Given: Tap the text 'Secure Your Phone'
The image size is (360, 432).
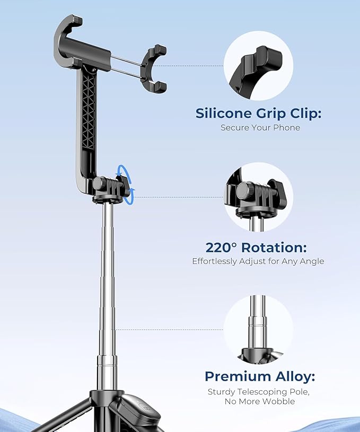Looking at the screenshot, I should [x=260, y=128].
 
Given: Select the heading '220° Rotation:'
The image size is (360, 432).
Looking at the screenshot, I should [x=256, y=248].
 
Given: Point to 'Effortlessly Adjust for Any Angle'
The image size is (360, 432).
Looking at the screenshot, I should [x=258, y=261].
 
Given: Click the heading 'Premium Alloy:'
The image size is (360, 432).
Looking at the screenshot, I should [x=260, y=377].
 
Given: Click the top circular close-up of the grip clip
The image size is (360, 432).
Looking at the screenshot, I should [x=258, y=66].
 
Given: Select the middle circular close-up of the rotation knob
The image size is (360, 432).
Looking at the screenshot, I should [x=258, y=196].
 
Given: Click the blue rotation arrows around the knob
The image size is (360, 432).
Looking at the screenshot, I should [x=126, y=183].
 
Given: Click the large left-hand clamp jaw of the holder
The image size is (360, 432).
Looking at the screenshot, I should [x=69, y=42].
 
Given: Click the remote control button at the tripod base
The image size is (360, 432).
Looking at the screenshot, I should [x=141, y=412].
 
